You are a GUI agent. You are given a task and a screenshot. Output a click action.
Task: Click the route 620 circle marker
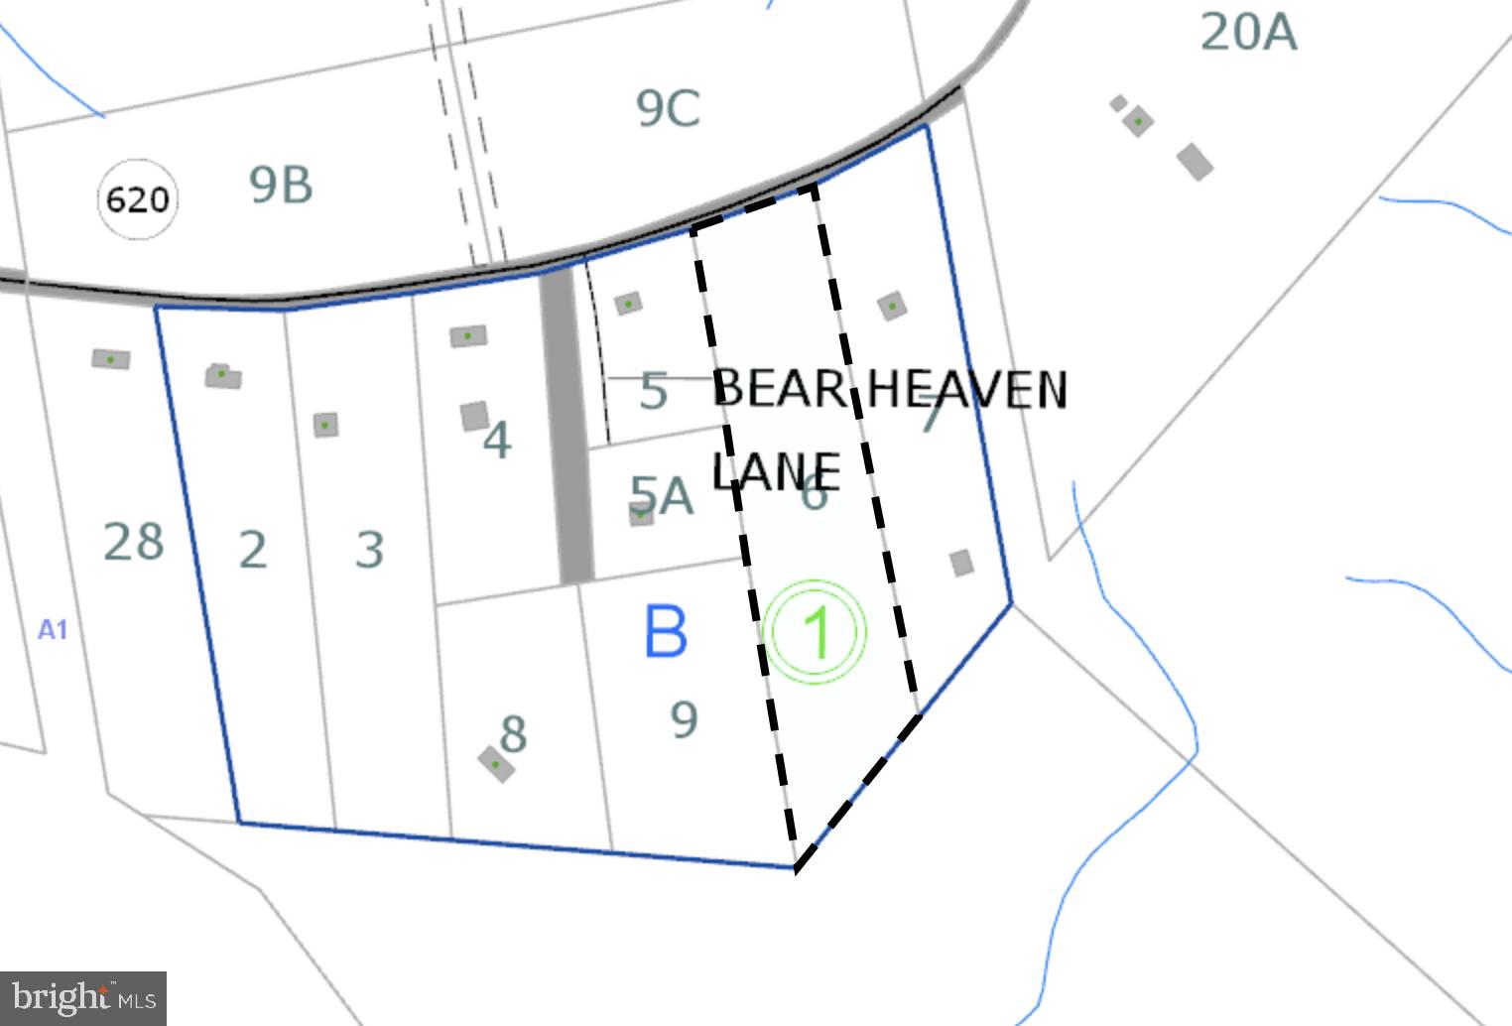click(x=137, y=199)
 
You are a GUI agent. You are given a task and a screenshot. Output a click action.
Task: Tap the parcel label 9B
click(x=281, y=185)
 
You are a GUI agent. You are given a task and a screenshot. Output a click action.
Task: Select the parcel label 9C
click(x=668, y=108)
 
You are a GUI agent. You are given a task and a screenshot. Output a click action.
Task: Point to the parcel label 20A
click(x=1248, y=32)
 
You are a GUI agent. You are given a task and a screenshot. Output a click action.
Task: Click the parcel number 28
click(x=134, y=542)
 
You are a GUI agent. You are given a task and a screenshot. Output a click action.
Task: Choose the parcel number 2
click(x=253, y=550)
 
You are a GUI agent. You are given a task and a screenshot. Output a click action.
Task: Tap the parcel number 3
click(x=369, y=549)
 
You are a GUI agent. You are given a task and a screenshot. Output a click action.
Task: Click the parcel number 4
click(x=497, y=440)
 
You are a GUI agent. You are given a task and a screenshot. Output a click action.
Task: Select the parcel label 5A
click(x=662, y=495)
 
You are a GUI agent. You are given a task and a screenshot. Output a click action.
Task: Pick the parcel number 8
click(x=513, y=733)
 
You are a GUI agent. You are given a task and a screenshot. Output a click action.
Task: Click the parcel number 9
click(x=684, y=719)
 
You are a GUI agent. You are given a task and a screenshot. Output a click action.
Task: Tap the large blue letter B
click(x=665, y=631)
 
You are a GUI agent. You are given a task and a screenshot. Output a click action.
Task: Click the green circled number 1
click(x=816, y=632)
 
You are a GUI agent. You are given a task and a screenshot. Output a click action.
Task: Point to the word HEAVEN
click(x=966, y=390)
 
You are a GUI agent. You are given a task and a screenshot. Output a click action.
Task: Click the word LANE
click(x=777, y=471)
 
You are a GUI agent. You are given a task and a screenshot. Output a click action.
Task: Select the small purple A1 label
click(x=53, y=630)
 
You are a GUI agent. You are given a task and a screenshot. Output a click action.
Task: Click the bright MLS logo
click(x=83, y=996)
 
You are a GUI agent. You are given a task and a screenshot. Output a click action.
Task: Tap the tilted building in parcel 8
click(x=496, y=763)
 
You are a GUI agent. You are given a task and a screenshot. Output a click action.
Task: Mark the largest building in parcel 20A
click(x=1195, y=162)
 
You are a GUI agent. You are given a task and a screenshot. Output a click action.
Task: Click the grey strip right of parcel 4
click(x=567, y=427)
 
